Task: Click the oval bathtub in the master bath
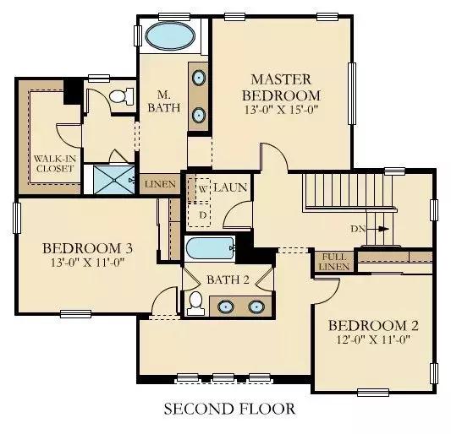[170, 35]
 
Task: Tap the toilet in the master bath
[122, 96]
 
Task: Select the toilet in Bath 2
[195, 303]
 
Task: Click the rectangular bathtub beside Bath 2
[210, 248]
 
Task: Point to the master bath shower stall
[114, 180]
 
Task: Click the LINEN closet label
[160, 184]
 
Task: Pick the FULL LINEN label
[334, 262]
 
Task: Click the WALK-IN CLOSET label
[55, 163]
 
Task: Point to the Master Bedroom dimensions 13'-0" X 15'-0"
[281, 111]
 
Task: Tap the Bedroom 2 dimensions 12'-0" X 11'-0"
[373, 339]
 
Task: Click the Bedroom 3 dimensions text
[87, 263]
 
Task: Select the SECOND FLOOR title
[229, 409]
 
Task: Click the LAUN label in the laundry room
[230, 187]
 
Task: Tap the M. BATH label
[164, 101]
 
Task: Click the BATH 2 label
[228, 279]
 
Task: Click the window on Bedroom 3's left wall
[17, 218]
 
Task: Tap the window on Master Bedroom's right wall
[352, 94]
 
